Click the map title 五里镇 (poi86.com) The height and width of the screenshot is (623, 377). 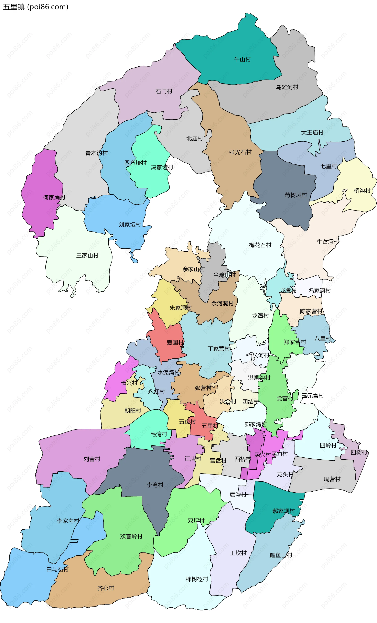35,7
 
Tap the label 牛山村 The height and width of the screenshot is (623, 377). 242,60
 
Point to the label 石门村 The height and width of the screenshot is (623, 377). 164,91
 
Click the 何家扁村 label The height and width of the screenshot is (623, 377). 54,197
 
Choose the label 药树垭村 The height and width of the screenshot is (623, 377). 296,195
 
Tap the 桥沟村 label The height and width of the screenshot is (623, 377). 362,191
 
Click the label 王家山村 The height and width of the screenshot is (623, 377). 87,255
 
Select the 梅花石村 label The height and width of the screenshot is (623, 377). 260,245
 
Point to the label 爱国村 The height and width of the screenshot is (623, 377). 175,343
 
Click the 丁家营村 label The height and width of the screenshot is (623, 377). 219,349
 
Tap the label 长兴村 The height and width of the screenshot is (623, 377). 129,383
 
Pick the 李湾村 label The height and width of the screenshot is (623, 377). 155,485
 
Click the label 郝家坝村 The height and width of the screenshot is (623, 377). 284,511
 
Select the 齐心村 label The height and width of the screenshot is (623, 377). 105,588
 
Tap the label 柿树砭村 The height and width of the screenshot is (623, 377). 197,579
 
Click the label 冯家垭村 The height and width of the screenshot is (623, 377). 162,167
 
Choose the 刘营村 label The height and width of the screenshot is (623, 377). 92,459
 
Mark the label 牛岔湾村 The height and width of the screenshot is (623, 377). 328,241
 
